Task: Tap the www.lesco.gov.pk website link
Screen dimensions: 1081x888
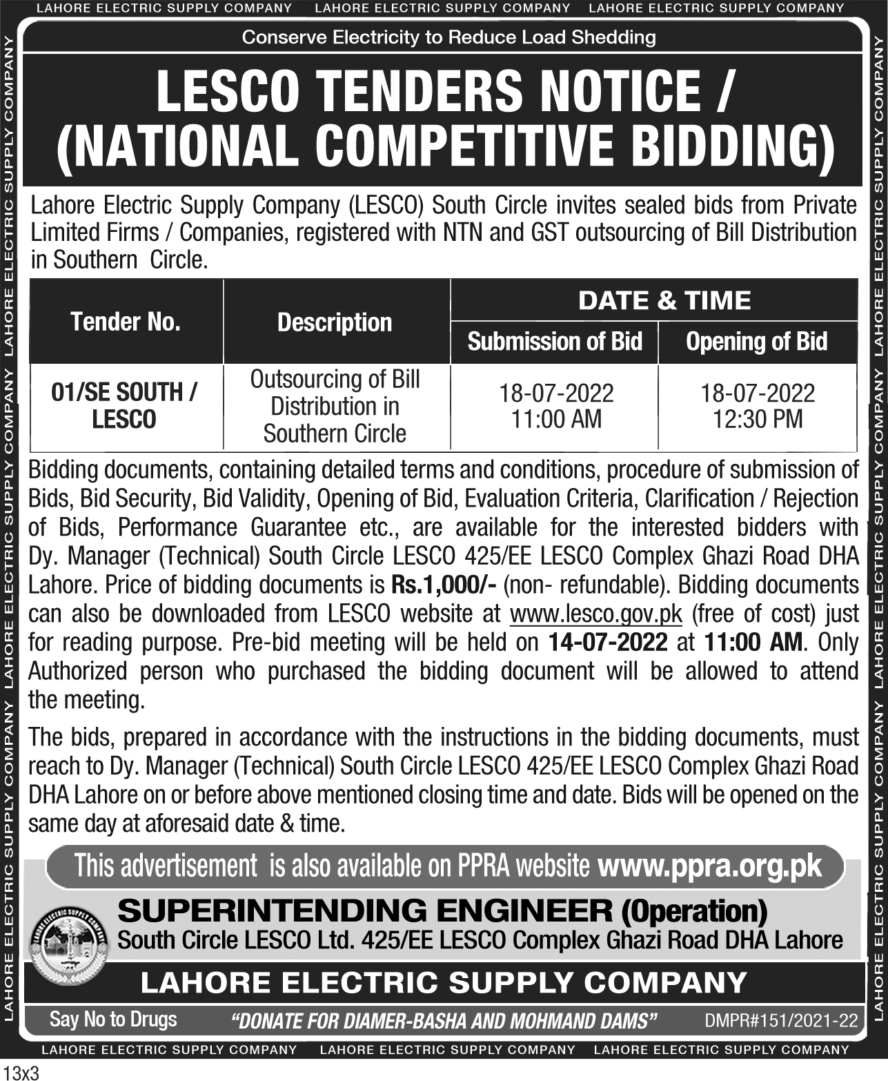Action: [x=595, y=614]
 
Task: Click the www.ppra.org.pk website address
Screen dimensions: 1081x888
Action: [x=710, y=865]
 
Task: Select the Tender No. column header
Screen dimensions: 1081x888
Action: [x=125, y=322]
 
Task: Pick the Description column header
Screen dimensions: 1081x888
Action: [x=335, y=322]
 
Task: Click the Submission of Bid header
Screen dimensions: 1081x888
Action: [x=555, y=342]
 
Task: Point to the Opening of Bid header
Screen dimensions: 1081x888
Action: [x=756, y=342]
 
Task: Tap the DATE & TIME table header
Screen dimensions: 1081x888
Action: [x=664, y=300]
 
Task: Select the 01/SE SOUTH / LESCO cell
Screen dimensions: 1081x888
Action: [x=125, y=406]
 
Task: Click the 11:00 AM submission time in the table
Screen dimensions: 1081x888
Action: [x=556, y=419]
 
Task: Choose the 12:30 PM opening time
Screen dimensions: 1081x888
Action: [x=758, y=419]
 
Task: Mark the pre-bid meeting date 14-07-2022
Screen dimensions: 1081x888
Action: [x=608, y=643]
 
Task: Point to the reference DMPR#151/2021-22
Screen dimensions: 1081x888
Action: [x=781, y=1021]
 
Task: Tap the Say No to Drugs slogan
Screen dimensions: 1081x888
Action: [x=113, y=1020]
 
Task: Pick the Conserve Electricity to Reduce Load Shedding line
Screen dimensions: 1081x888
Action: [x=448, y=37]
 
